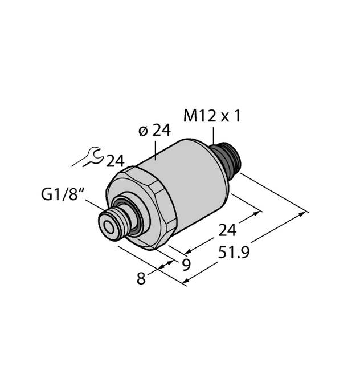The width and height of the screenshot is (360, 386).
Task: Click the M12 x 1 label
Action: coord(212,116)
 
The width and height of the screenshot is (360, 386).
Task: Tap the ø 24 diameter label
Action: coord(154,131)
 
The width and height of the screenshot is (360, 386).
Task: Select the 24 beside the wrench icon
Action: coord(115,161)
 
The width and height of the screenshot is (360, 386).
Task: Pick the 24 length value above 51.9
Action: coord(228,230)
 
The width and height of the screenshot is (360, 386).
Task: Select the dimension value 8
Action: coord(141,278)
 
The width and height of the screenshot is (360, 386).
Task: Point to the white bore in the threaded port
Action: coord(108,225)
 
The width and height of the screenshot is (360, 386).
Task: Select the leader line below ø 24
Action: coord(156,149)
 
